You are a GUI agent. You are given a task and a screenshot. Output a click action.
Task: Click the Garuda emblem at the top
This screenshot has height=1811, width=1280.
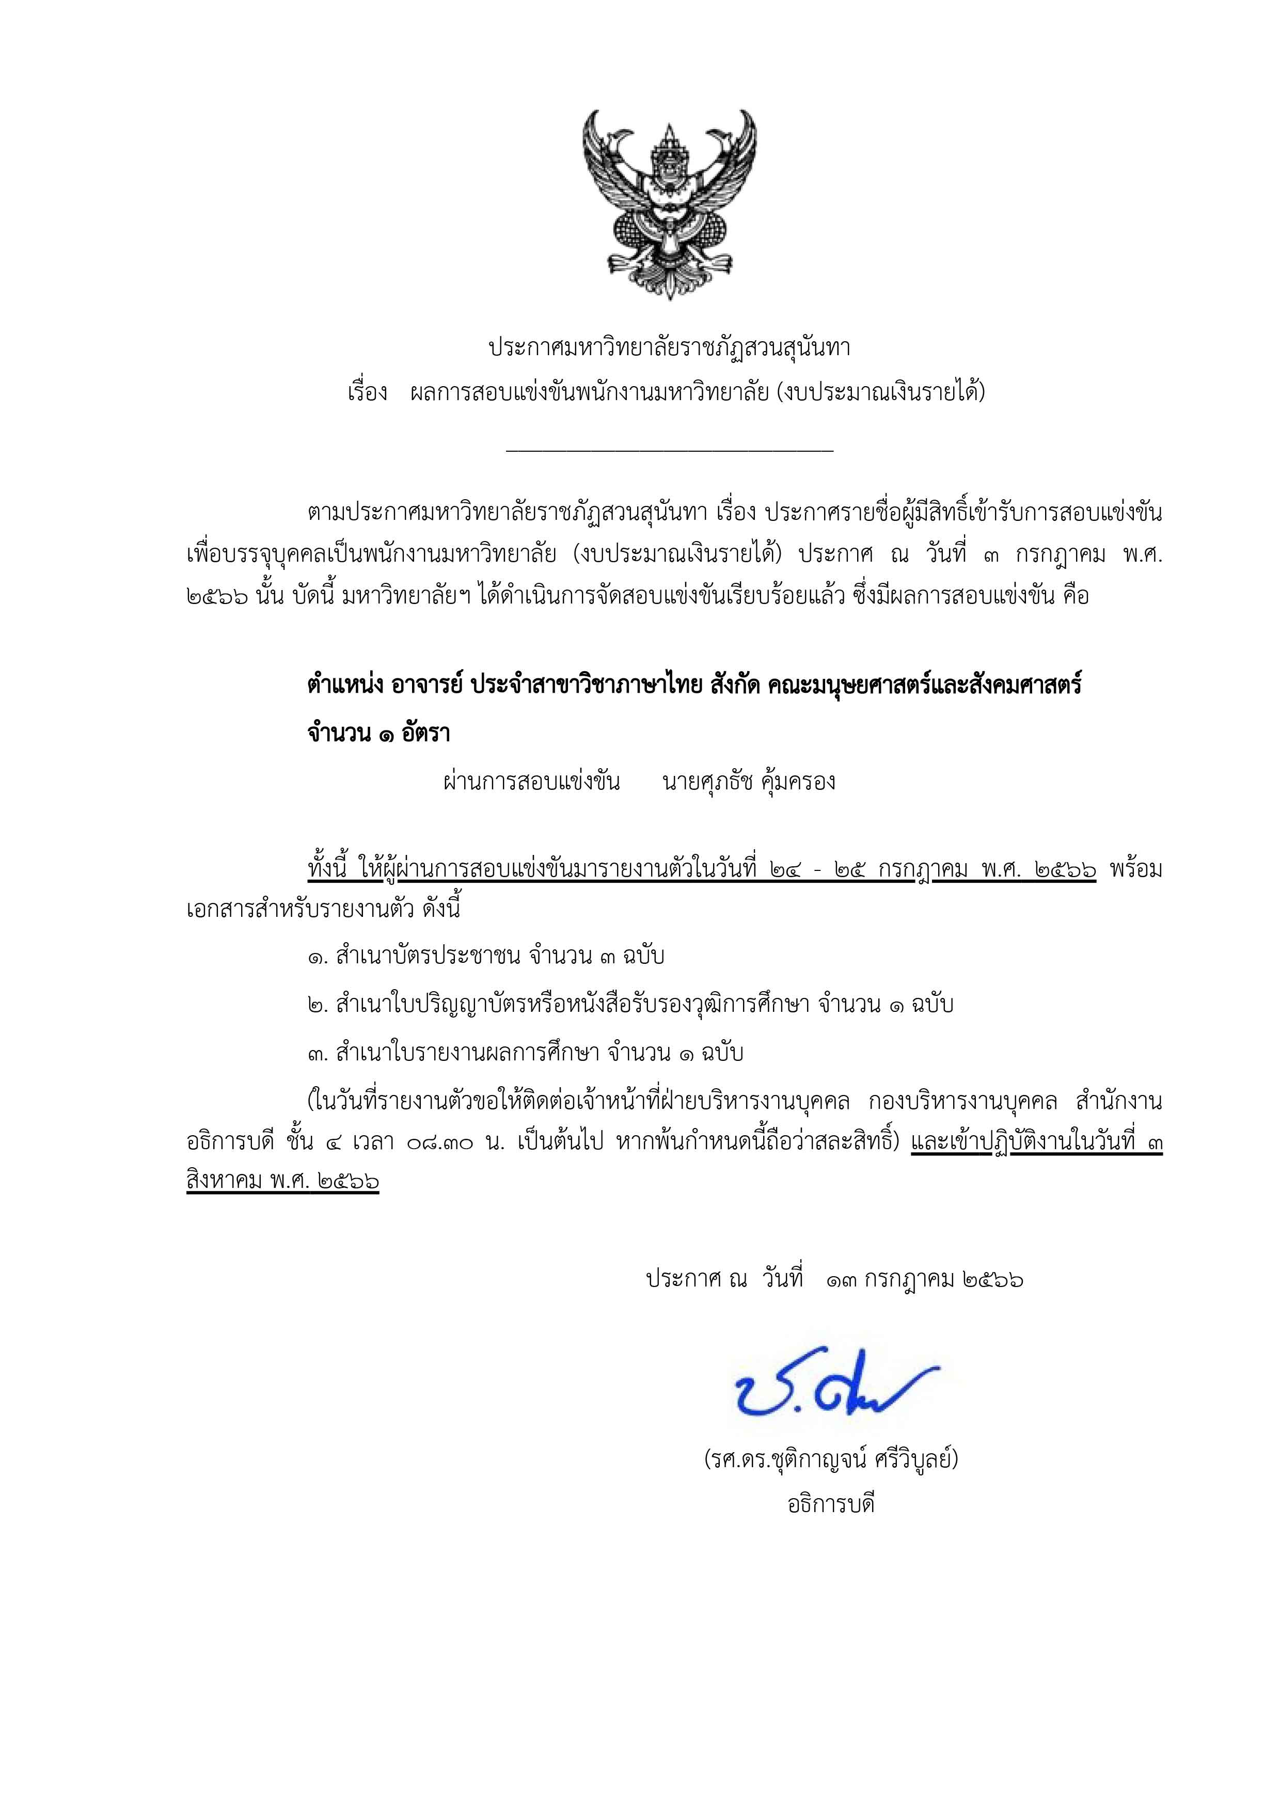pos(669,203)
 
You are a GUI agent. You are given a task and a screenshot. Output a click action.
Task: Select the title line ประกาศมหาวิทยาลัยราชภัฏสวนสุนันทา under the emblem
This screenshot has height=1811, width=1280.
pos(669,347)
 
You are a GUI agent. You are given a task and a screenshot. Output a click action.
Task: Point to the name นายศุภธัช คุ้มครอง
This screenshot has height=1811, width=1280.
pos(749,782)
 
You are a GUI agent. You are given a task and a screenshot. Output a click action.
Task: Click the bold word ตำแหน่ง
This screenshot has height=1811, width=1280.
pos(344,685)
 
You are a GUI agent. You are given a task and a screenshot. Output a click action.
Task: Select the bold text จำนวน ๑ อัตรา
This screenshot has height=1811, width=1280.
pos(378,734)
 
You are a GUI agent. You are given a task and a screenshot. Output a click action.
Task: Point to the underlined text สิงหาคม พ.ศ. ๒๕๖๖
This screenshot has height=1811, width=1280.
pos(283,1182)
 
